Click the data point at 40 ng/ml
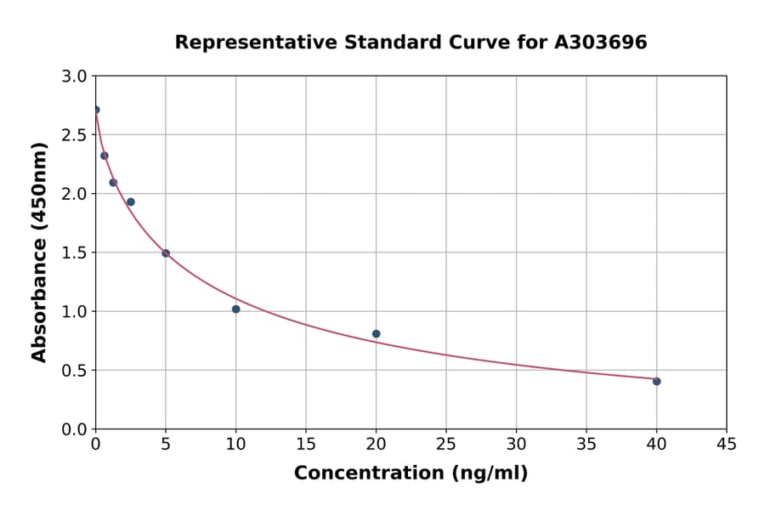pos(657,382)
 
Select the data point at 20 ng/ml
pos(376,334)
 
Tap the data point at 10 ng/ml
pos(235,309)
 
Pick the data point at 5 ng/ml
pos(166,253)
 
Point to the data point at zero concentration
pos(96,110)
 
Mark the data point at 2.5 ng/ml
pos(131,202)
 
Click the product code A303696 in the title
pos(601,43)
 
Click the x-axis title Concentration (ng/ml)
pos(411,474)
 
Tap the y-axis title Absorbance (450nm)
pos(39,252)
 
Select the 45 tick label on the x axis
pos(727,444)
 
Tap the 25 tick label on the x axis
pos(446,444)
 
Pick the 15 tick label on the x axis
pos(306,444)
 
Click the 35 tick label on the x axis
pos(586,444)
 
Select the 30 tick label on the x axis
pos(516,444)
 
